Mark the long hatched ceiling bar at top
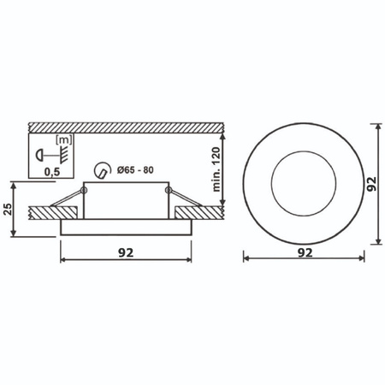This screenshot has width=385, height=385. click(128, 126)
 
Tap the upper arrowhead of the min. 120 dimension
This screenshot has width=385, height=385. click(224, 136)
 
